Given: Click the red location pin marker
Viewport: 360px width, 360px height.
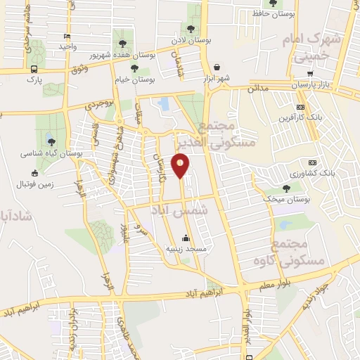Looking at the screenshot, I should click(181, 167).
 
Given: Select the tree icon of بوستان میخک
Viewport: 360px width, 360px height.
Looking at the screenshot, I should click(285, 188).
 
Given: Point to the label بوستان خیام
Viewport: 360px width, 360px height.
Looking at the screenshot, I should click(132, 80).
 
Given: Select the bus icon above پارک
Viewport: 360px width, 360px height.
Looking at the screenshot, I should click(34, 69).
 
